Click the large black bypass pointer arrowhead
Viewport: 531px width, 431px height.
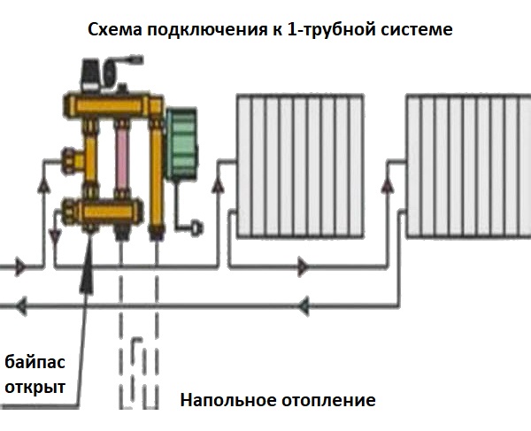click(87, 273)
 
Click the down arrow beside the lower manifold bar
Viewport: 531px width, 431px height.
click(55, 237)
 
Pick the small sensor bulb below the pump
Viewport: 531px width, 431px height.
click(197, 227)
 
